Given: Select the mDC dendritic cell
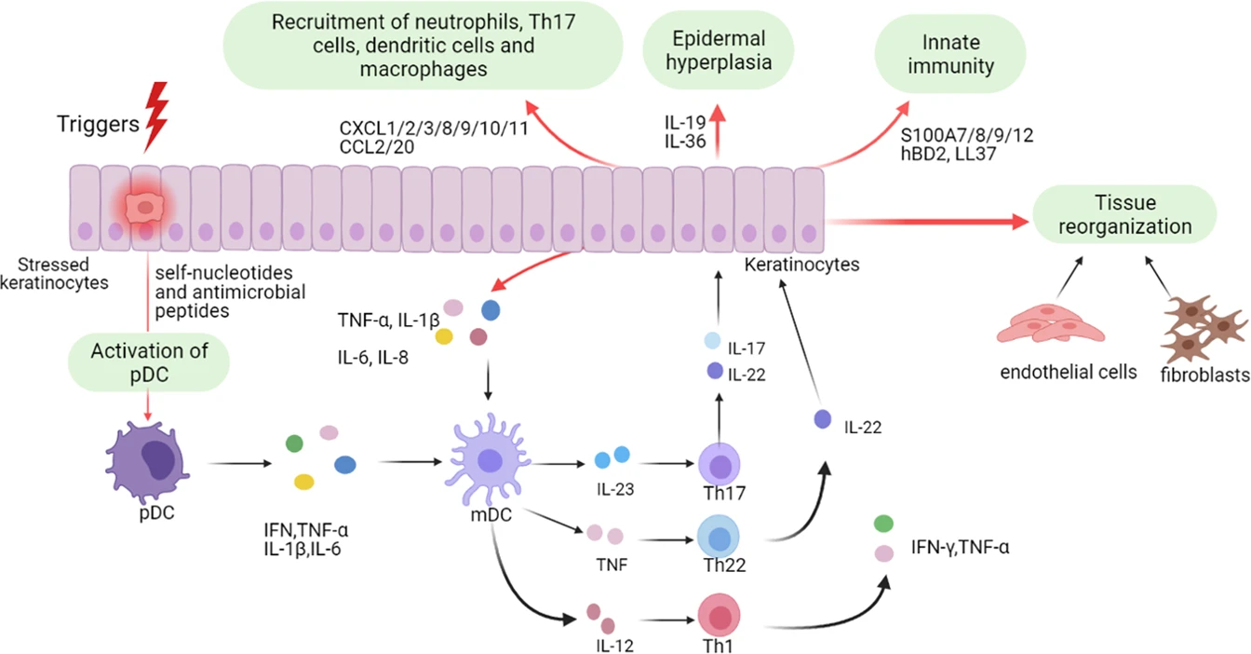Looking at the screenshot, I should coord(490,462).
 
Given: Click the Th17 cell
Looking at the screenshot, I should coord(718,462).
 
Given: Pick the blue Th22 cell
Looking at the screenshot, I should coord(719,538).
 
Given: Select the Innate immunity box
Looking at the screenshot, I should coord(950,54).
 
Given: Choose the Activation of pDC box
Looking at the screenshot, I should coord(149,362).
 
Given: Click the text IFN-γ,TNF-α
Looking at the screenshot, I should coord(962,548).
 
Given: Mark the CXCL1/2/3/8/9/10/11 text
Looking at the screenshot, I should coord(436,128).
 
